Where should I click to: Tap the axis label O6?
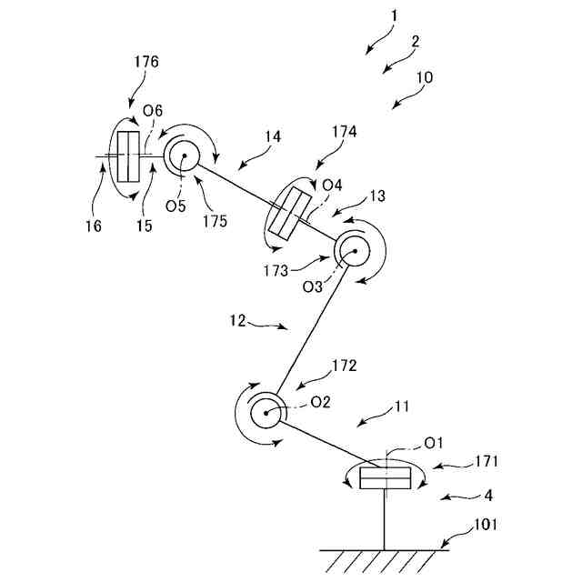[153, 110]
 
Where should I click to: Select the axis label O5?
[176, 205]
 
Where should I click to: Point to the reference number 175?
[216, 220]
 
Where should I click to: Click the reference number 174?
[345, 132]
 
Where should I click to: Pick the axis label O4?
[333, 186]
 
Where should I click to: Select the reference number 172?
[344, 366]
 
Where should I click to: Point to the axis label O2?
[320, 401]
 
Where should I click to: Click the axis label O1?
[433, 443]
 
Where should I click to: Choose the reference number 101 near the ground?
[487, 526]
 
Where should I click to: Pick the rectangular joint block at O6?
[128, 156]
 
